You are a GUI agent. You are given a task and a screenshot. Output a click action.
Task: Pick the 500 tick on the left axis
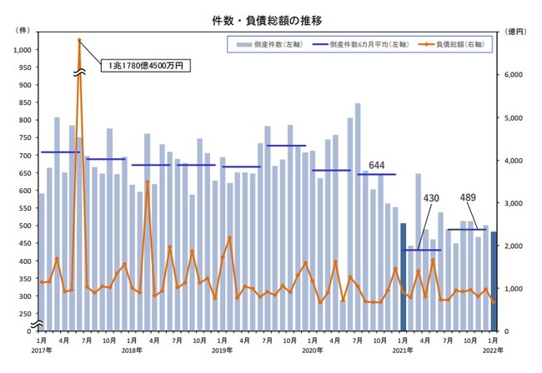pos(25,226)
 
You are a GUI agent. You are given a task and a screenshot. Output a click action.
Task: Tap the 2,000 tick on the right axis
pos(513,246)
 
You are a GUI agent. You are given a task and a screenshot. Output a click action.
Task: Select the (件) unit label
pos(23,30)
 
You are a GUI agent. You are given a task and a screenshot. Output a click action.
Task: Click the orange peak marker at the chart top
pos(78,39)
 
